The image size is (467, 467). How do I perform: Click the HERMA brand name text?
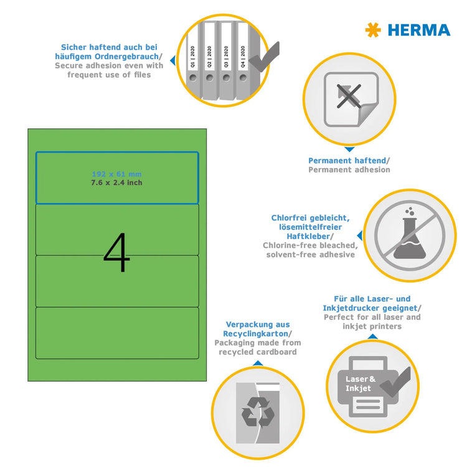tap(418, 29)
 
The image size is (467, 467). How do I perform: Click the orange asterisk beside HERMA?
tap(373, 29)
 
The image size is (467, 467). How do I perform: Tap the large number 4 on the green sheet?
tap(116, 253)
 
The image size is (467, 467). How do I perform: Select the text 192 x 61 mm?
tap(116, 174)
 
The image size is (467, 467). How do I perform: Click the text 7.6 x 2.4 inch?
tap(116, 182)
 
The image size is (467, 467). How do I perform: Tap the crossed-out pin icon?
tap(349, 98)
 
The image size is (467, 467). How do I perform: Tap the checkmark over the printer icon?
tap(395, 379)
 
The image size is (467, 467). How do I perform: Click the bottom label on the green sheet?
tap(116, 333)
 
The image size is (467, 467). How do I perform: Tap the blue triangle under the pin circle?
tap(349, 150)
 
